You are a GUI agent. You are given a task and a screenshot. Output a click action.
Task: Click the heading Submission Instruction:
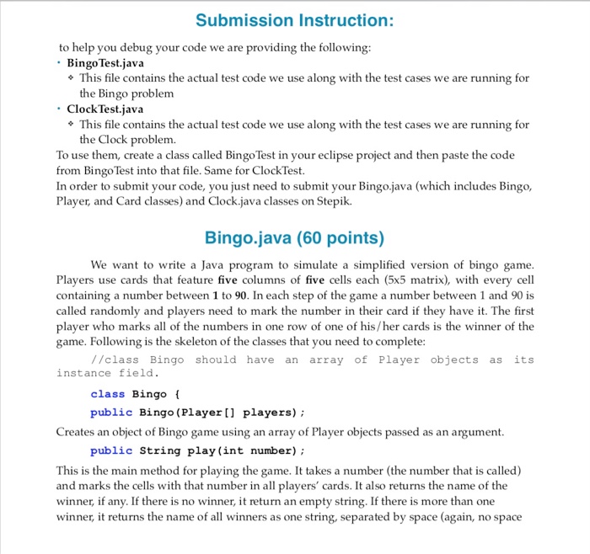coord(294,19)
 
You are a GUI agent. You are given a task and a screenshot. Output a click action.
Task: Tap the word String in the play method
coord(159,450)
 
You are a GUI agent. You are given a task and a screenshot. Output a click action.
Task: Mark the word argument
coord(476,432)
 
